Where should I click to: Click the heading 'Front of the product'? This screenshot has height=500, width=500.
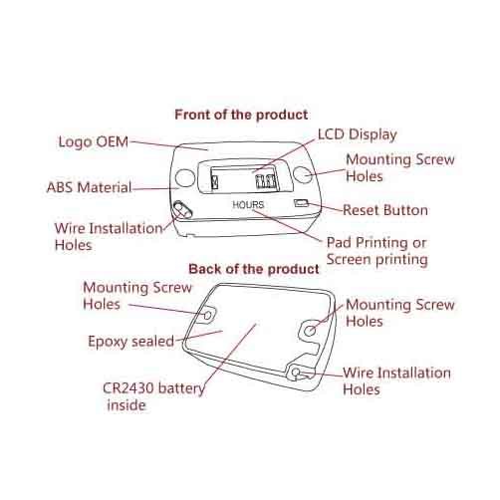coord(241,115)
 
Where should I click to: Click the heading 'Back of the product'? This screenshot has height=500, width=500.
coord(254,269)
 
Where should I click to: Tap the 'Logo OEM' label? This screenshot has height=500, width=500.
coord(94,142)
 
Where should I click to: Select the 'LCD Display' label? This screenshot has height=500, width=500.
coord(358,134)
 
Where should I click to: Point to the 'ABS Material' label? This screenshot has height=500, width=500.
coord(90,187)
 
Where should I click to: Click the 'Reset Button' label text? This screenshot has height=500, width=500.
coord(385,210)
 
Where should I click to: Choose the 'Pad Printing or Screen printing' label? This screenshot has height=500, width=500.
coord(376,251)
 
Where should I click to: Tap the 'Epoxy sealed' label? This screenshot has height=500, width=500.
coord(131,342)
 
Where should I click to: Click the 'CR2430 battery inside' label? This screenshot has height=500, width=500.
coord(153,396)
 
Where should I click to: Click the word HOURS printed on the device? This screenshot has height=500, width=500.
coord(248,205)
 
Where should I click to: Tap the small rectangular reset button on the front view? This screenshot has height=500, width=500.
coord(301,203)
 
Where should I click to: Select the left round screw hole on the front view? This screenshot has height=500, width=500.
coord(185,178)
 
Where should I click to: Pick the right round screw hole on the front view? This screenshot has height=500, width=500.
coord(303,174)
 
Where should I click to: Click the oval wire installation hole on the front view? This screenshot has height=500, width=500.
coord(182,209)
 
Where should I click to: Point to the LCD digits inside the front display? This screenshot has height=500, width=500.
coord(266,181)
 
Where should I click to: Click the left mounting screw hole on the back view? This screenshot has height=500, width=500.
coord(207,315)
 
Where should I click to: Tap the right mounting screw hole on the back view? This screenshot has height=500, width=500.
coord(310,331)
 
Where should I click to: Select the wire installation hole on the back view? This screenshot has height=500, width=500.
coord(296,373)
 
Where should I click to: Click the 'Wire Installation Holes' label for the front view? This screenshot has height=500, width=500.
coord(109,237)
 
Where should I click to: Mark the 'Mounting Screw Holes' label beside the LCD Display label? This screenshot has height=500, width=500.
coord(400,168)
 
